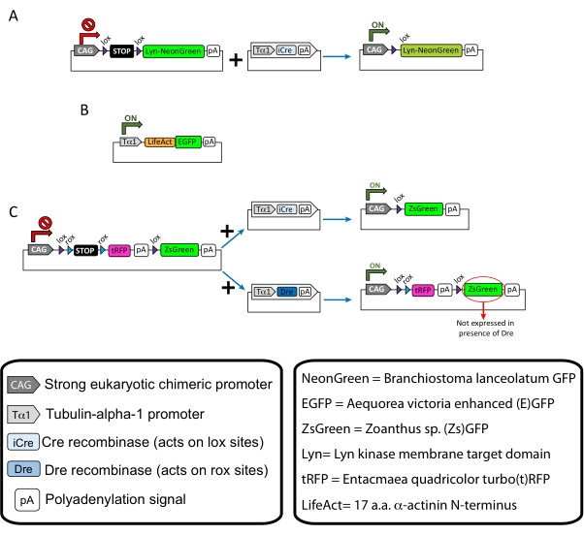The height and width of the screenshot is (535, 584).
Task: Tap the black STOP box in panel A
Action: [124, 50]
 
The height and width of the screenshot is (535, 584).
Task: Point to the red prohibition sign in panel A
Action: [84, 18]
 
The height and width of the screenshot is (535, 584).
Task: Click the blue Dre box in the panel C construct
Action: [286, 290]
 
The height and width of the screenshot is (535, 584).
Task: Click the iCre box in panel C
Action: [285, 208]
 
